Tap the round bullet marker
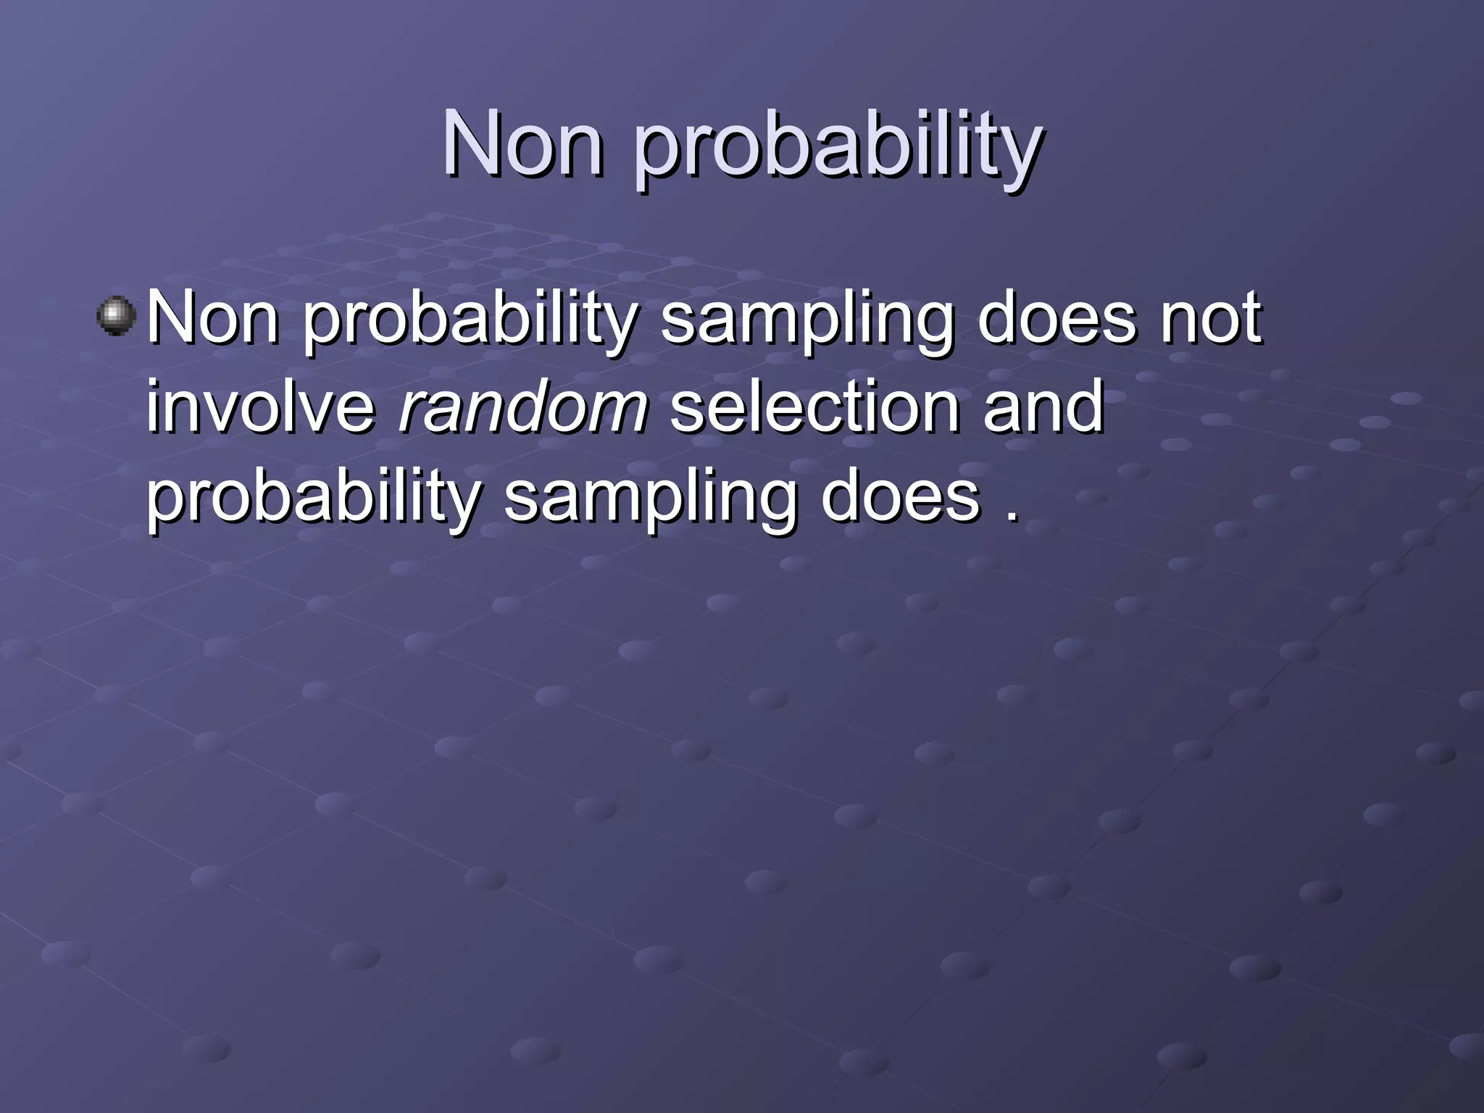[116, 316]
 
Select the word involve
[262, 407]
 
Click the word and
[1043, 407]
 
